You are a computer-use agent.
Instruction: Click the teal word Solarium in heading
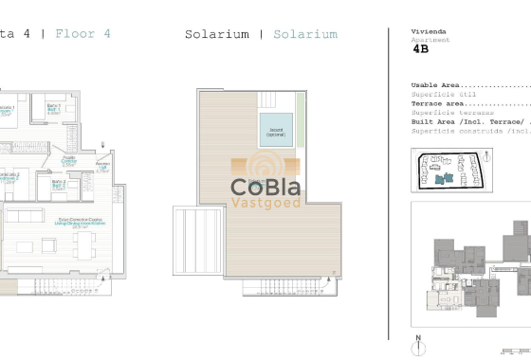click(305, 35)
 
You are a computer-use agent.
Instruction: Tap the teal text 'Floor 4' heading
click(83, 34)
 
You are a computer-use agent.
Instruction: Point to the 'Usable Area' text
click(437, 86)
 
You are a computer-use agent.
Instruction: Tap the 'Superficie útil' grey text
click(441, 95)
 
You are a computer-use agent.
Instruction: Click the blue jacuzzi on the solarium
click(277, 130)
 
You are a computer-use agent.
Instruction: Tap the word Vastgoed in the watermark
click(265, 203)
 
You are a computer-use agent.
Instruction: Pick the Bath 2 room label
click(58, 185)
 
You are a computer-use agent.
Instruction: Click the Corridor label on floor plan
click(69, 160)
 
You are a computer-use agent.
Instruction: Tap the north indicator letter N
click(416, 337)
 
